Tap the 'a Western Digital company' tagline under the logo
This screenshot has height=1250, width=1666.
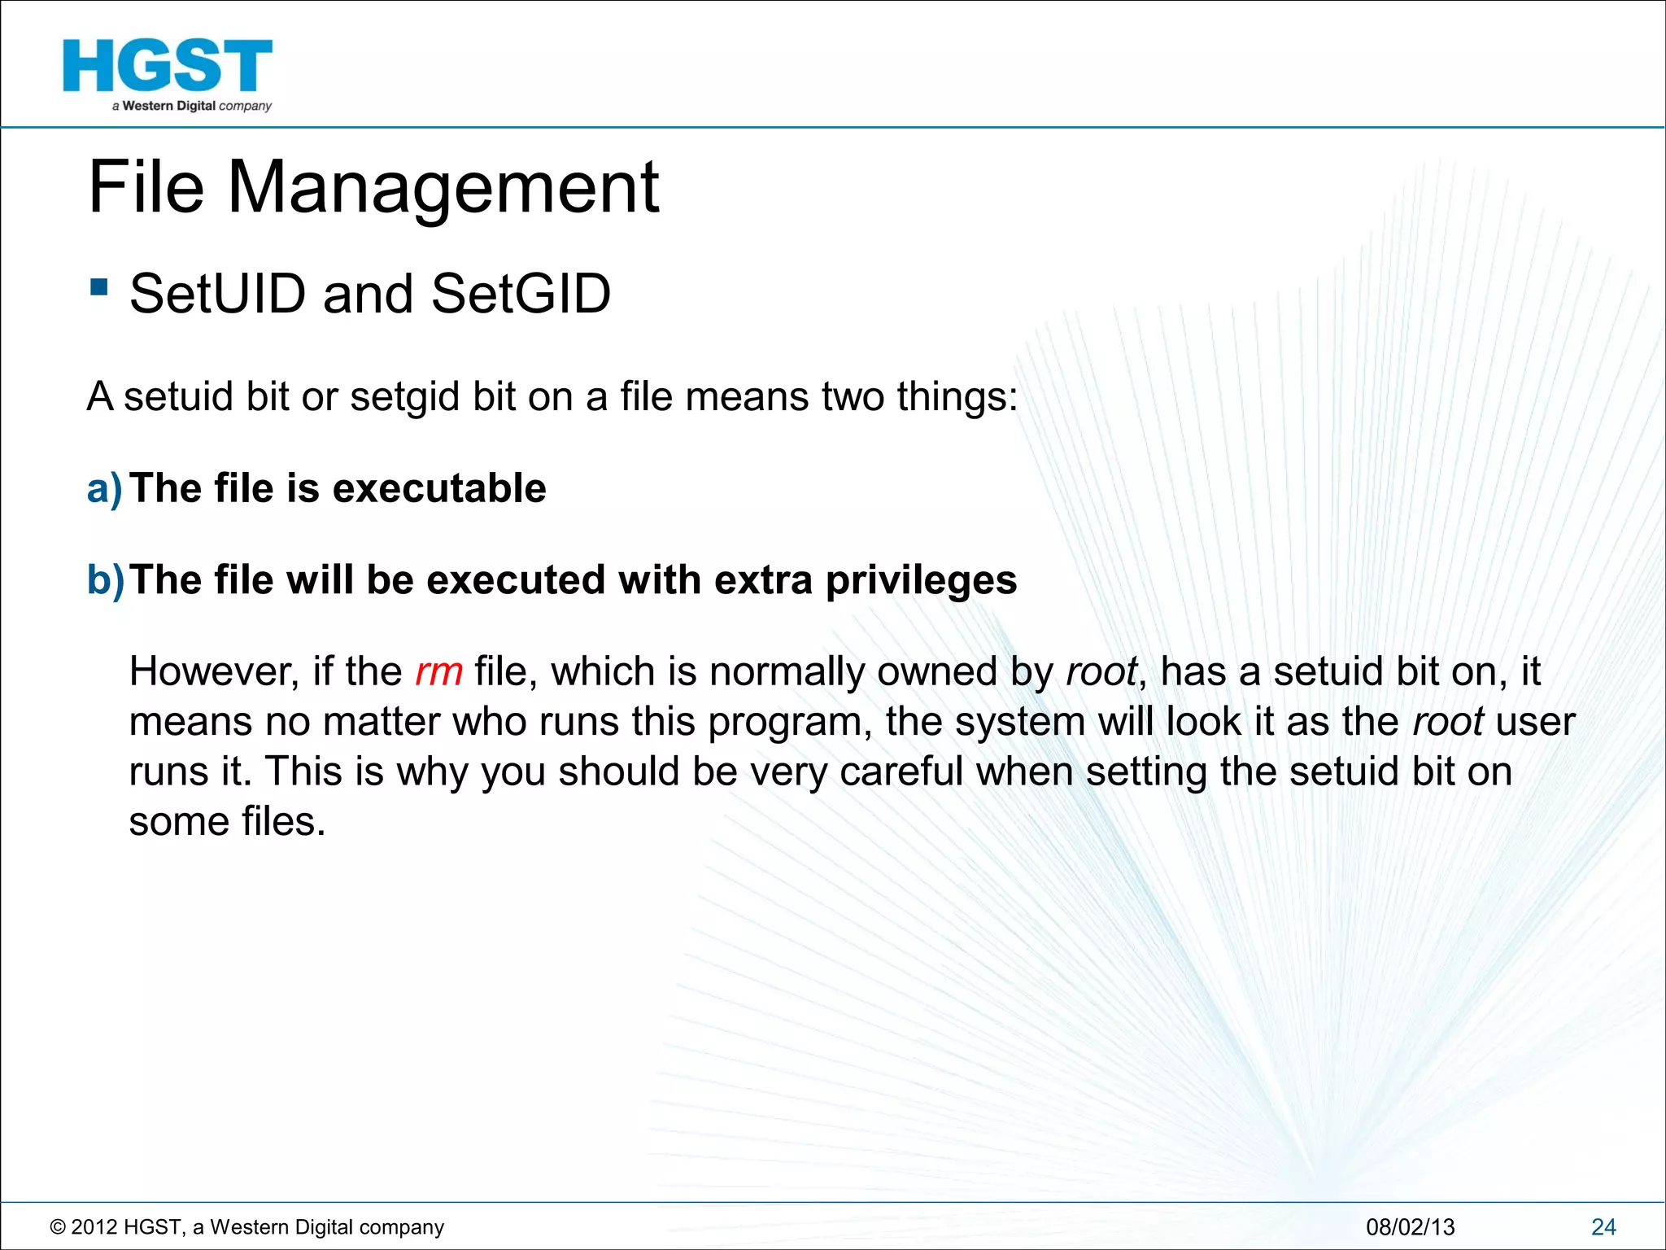[x=192, y=106]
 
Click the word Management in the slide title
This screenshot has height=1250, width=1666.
[x=443, y=189]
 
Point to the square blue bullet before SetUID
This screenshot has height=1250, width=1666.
[x=99, y=287]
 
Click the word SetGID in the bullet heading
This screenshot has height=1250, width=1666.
[x=521, y=294]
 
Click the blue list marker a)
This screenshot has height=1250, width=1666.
[x=105, y=488]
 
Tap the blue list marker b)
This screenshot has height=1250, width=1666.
[x=106, y=580]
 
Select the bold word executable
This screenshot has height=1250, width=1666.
[x=439, y=488]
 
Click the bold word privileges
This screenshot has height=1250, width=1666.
[x=921, y=581]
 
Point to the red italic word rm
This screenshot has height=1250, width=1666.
[x=438, y=672]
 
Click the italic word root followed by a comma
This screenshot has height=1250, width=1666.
[x=1102, y=672]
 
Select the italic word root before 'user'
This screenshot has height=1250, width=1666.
[x=1448, y=722]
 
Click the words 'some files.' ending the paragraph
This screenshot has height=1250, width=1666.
[x=227, y=821]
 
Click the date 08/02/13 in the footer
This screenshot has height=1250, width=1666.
[x=1410, y=1227]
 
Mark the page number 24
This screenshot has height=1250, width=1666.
[x=1603, y=1227]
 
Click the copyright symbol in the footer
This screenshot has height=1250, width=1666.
[x=58, y=1227]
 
